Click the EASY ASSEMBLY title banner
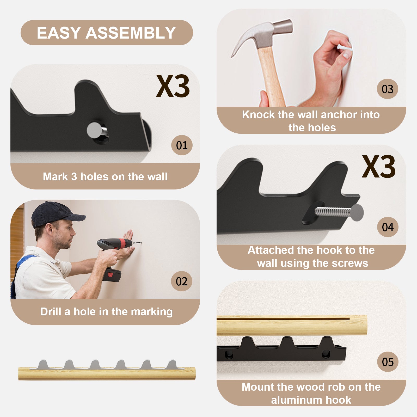[107, 33]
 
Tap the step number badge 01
[182, 145]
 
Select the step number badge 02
[182, 281]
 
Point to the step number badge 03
[388, 89]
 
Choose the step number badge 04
[388, 227]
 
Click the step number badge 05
[388, 362]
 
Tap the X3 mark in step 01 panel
[173, 86]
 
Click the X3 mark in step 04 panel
[379, 167]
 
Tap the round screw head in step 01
[94, 130]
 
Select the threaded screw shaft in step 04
[334, 211]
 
